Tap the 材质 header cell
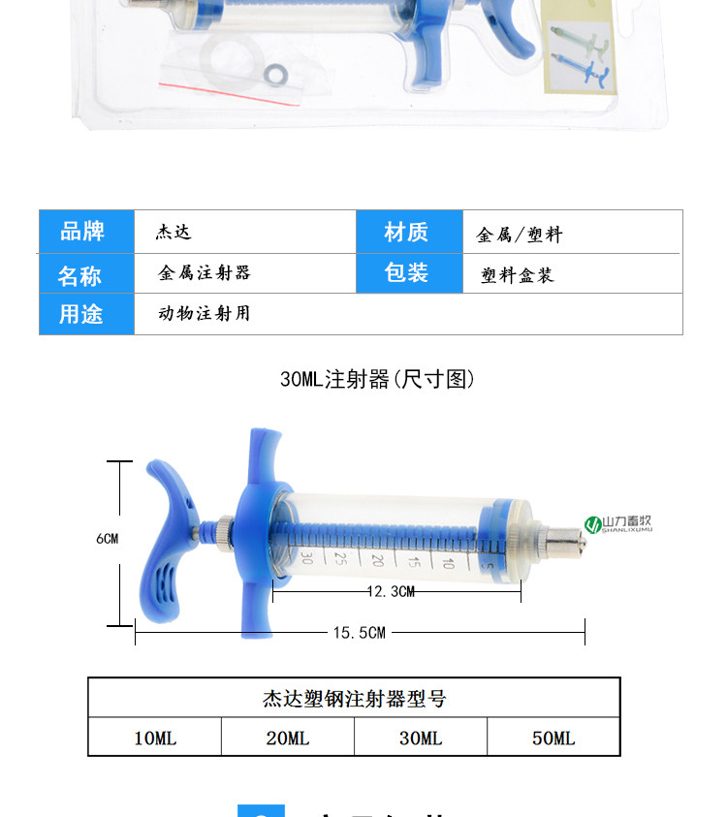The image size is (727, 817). pyautogui.click(x=406, y=233)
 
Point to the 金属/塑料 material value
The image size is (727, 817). pyautogui.click(x=520, y=235)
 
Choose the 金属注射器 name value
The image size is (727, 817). pyautogui.click(x=205, y=273)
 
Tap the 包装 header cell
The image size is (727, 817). pyautogui.click(x=406, y=273)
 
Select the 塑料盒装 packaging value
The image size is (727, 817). pyautogui.click(x=518, y=275)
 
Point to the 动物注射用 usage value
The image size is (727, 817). pyautogui.click(x=205, y=313)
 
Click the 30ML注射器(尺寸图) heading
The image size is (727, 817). pyautogui.click(x=377, y=379)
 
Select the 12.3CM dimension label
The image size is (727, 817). pyautogui.click(x=391, y=591)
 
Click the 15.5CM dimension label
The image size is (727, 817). pyautogui.click(x=360, y=633)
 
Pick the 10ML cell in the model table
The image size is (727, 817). pyautogui.click(x=155, y=738)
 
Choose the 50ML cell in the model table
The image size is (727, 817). pyautogui.click(x=553, y=738)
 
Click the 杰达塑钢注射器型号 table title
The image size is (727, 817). pyautogui.click(x=354, y=698)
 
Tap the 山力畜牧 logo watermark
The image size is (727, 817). pyautogui.click(x=619, y=524)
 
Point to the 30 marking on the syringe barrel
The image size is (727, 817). pyautogui.click(x=305, y=556)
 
